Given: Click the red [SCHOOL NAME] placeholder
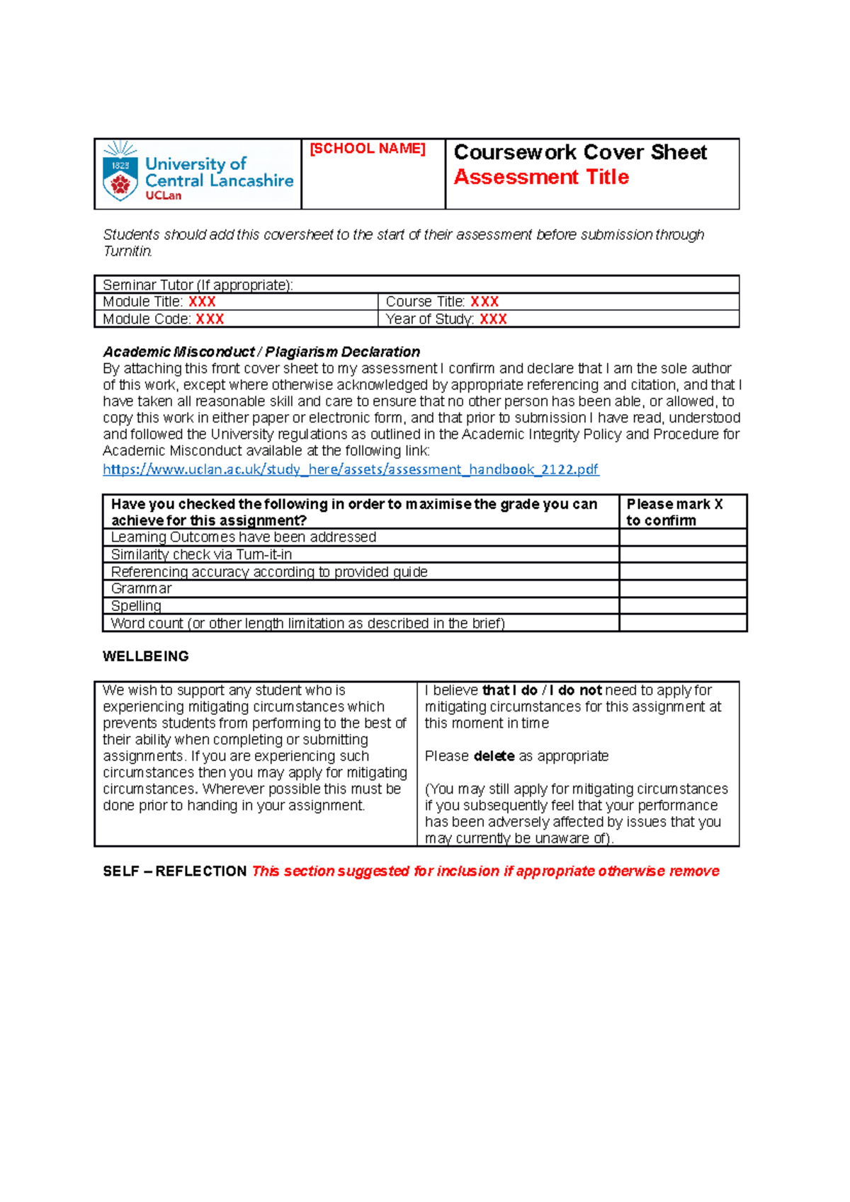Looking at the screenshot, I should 367,149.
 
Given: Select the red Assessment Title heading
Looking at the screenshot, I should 541,177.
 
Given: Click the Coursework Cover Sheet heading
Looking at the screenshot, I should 579,152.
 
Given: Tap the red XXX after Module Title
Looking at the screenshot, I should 202,302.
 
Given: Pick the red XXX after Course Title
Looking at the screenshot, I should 484,302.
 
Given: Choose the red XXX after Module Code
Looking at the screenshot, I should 210,319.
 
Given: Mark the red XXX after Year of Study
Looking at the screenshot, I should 493,319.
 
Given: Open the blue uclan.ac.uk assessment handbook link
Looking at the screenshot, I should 351,469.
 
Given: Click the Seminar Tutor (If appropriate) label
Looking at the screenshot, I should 198,285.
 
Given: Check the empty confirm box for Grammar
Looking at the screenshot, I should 682,589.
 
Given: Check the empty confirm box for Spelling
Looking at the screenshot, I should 682,606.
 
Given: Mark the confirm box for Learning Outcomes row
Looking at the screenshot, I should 682,537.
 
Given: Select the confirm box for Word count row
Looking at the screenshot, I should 682,623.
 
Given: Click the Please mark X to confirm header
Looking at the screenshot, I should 674,512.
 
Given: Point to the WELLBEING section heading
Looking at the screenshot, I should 145,656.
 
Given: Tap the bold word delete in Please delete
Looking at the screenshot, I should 494,756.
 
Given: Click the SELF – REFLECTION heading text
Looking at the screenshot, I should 174,871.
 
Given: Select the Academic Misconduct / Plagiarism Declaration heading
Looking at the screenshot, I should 261,352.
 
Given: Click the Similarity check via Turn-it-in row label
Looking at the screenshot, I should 201,554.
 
